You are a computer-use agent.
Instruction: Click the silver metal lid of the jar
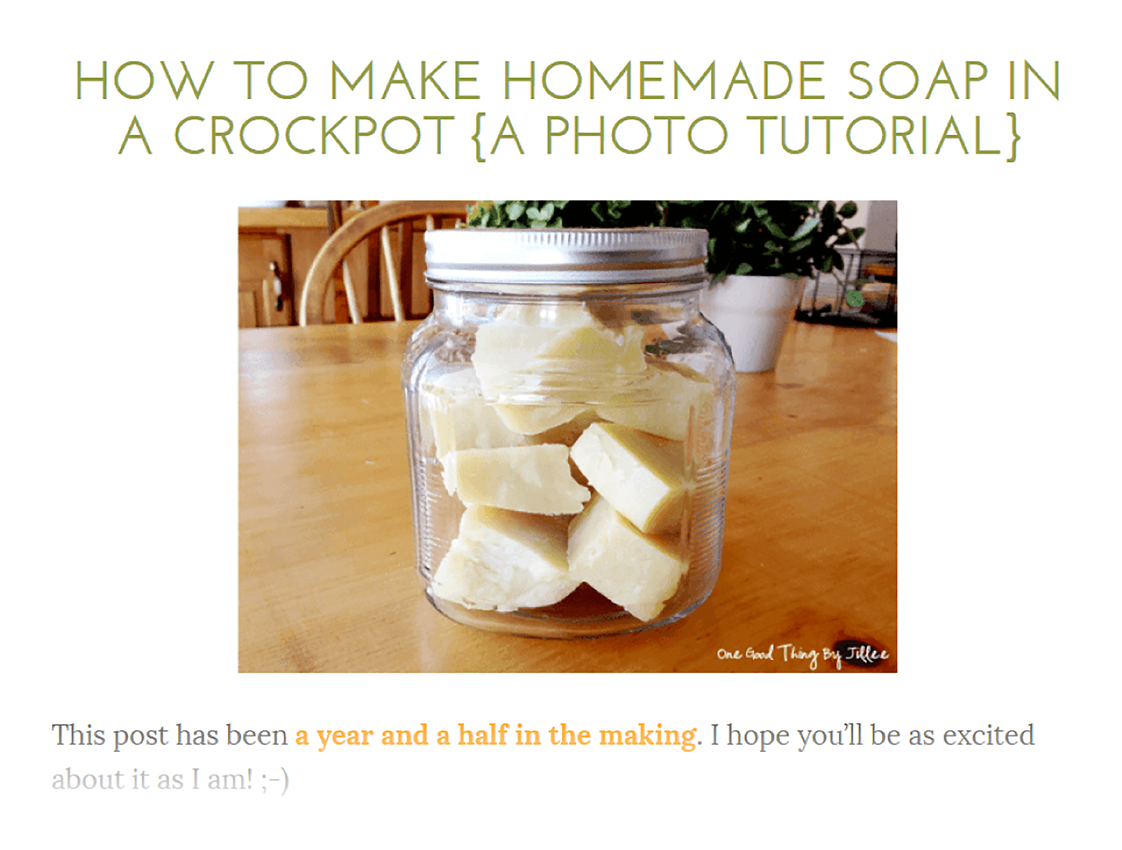coord(566,256)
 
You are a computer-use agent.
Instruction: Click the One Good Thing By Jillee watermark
coord(803,655)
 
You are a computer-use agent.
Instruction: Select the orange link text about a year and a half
coord(495,736)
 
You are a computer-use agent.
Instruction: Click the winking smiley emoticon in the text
coord(274,780)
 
